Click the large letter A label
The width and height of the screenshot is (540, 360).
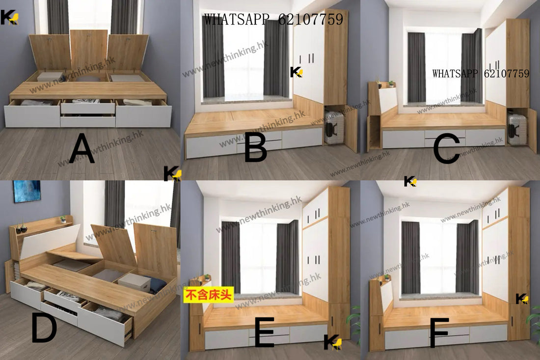pyautogui.click(x=82, y=148)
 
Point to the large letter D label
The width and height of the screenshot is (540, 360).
pyautogui.click(x=44, y=329)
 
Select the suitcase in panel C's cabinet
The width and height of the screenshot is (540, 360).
pyautogui.click(x=516, y=129)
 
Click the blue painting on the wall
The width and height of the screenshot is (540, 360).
pyautogui.click(x=27, y=191)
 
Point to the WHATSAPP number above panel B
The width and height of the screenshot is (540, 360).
pyautogui.click(x=273, y=19)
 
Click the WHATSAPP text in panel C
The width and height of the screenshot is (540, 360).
pyautogui.click(x=481, y=73)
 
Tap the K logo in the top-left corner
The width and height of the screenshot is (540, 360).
pyautogui.click(x=9, y=17)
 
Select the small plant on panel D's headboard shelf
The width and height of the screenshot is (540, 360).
pyautogui.click(x=63, y=219)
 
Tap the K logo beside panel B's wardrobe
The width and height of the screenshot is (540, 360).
pyautogui.click(x=296, y=72)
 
